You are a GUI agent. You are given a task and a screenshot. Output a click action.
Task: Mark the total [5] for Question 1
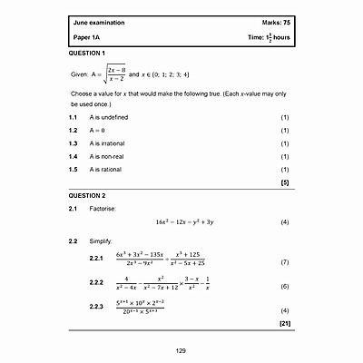[x=285, y=182]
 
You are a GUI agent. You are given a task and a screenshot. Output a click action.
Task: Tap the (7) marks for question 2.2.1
[x=285, y=261]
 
